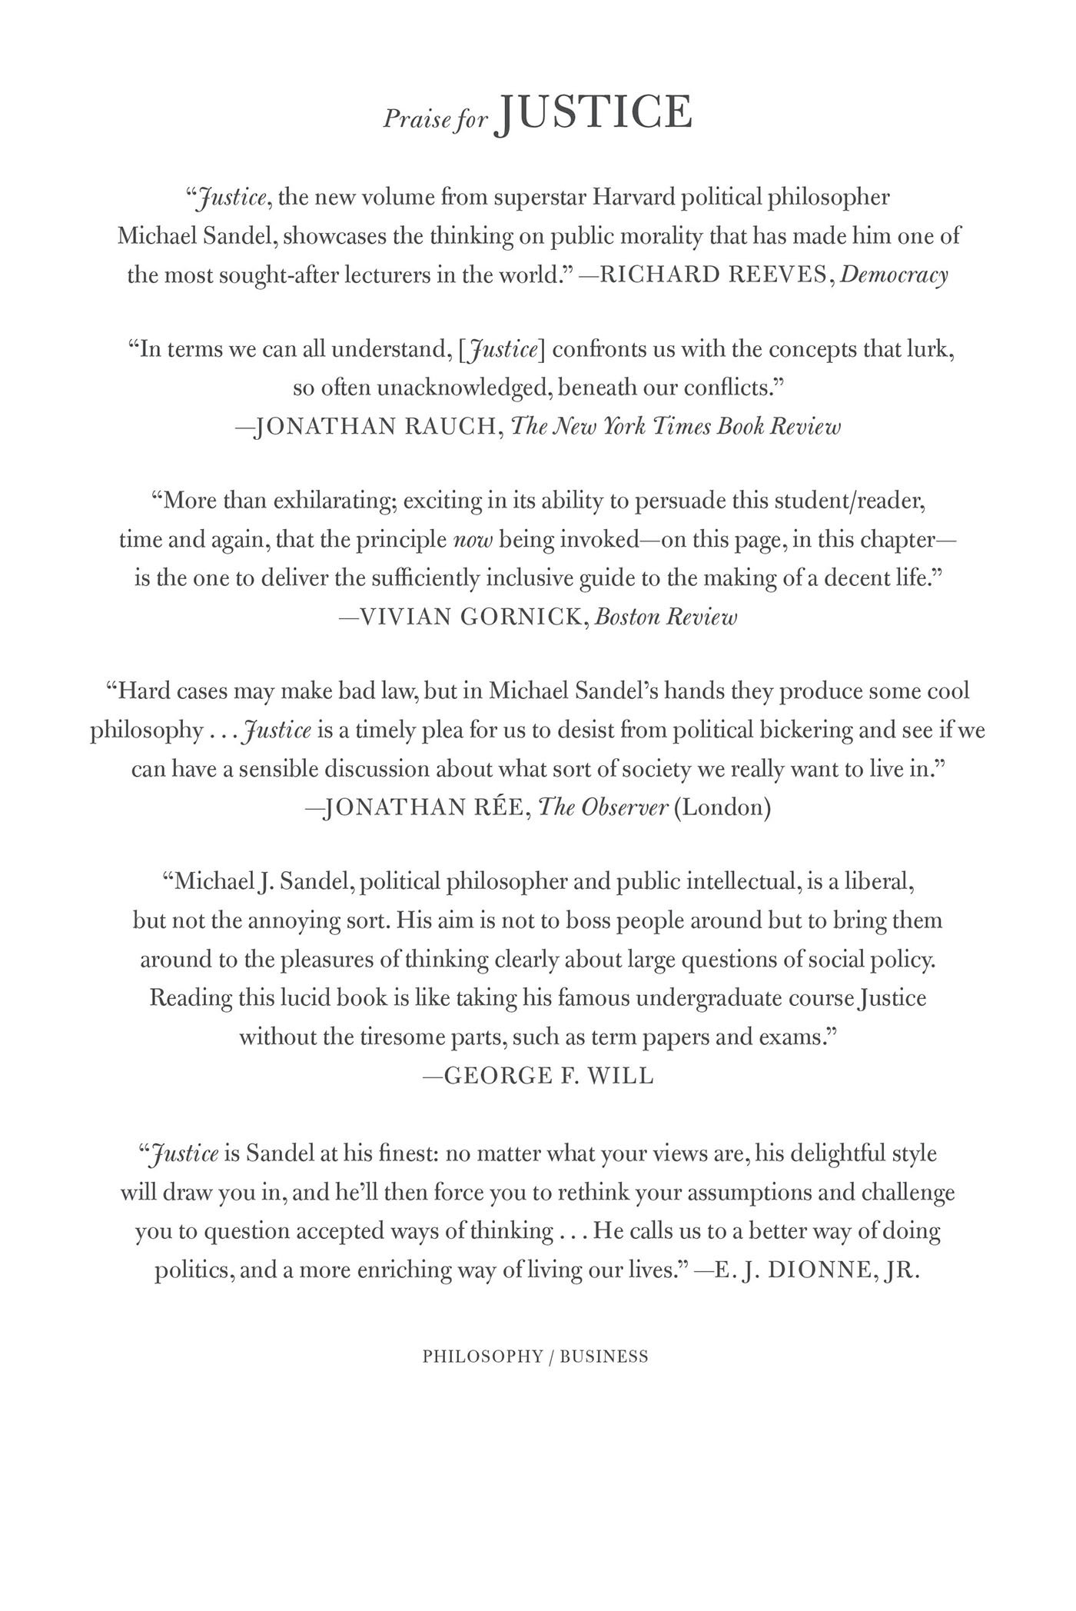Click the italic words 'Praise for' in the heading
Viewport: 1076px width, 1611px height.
click(436, 119)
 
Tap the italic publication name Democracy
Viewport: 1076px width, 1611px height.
click(894, 275)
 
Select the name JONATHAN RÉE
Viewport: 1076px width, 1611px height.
click(425, 807)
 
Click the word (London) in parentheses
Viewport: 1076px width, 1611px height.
click(722, 807)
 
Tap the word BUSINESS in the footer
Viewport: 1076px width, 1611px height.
click(604, 1357)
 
